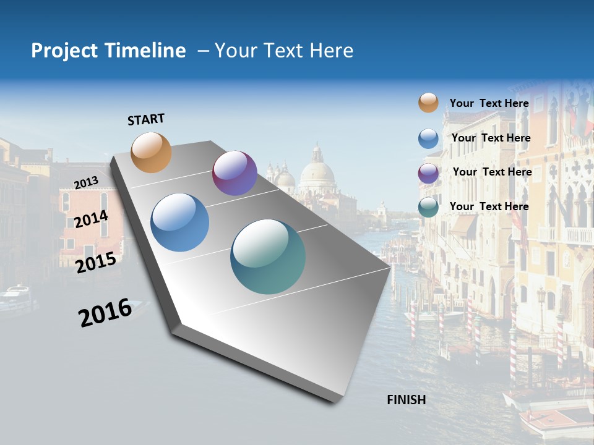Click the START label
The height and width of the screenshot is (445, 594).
coord(146,119)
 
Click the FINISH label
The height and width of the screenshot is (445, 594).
coord(407,400)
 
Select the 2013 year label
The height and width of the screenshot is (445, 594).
coord(86,182)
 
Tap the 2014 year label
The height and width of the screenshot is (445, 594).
coord(91,219)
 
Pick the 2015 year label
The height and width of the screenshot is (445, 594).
coord(96,263)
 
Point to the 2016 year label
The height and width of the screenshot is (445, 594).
coord(105,313)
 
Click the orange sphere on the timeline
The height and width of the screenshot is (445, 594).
coord(152,152)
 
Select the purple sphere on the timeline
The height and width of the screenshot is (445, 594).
coord(235,173)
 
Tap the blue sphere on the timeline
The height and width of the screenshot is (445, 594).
coord(180,222)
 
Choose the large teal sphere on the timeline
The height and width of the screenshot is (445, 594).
coord(268,256)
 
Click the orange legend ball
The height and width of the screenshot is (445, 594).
coord(428,103)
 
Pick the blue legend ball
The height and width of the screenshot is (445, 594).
coord(428,138)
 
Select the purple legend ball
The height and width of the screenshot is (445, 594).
coord(428,173)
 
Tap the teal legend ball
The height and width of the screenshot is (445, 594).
coord(428,208)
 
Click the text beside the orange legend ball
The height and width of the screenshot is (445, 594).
coord(489,103)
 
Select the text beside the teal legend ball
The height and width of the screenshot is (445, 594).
coord(489,206)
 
